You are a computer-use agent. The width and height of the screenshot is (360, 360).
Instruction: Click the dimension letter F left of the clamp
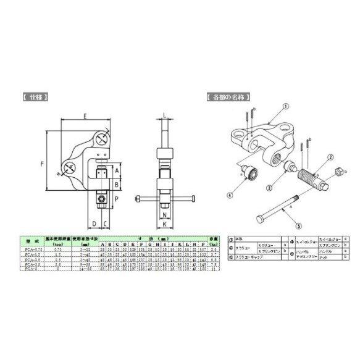click(42, 165)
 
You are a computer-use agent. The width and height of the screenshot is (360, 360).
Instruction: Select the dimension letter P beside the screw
click(117, 199)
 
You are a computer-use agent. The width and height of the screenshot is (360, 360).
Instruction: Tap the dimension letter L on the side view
click(164, 114)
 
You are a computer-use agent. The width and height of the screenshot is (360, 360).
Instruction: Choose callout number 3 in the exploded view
click(269, 186)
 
